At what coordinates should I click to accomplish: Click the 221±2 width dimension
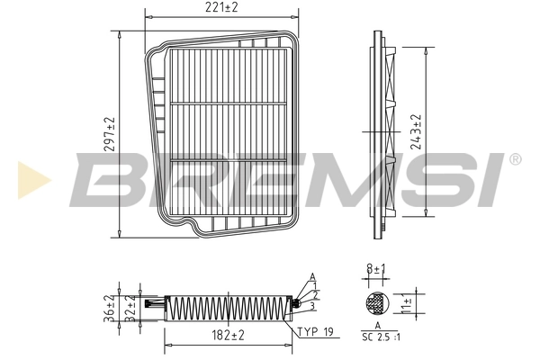tap(221, 9)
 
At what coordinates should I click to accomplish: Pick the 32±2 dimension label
tap(130, 308)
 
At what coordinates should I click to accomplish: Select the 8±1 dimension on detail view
tap(376, 267)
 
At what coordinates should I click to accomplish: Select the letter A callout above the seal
tap(312, 276)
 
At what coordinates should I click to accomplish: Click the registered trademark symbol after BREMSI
tap(514, 159)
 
